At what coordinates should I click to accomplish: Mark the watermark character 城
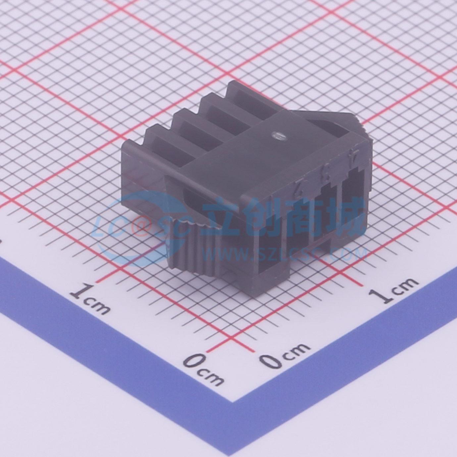(344, 215)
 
